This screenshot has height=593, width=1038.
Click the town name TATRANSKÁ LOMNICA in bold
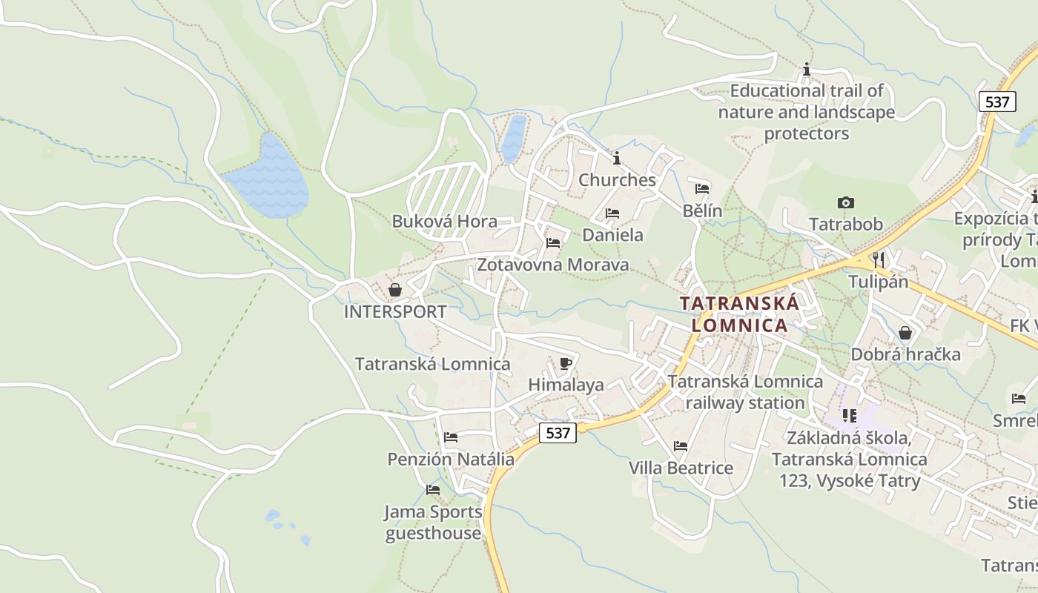pos(739,314)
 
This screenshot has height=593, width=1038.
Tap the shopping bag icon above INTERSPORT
pos(395,289)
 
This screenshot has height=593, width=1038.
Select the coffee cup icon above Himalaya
pos(566,363)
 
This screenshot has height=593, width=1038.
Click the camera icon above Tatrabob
pos(845,202)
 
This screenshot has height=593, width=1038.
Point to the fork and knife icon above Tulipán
pos(879,259)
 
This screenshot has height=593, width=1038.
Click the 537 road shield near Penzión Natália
pos(557,433)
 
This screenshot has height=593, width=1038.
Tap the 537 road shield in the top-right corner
pos(996,102)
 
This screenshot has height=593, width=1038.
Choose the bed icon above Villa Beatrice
pos(681,446)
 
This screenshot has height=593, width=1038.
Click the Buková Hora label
pos(444,221)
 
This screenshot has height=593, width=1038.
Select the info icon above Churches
pos(617,158)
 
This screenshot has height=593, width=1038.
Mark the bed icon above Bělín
pos(702,188)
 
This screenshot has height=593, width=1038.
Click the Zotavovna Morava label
pos(552,265)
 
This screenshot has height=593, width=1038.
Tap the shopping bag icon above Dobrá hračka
pos(905,333)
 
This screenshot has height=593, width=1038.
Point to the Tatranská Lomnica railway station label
pos(745,392)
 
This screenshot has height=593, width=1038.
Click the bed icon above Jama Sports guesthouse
pos(433,490)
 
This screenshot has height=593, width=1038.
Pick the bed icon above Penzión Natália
pos(451,437)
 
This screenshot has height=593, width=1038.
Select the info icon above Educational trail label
pos(807,70)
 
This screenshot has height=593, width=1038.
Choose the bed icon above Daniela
pos(612,213)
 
